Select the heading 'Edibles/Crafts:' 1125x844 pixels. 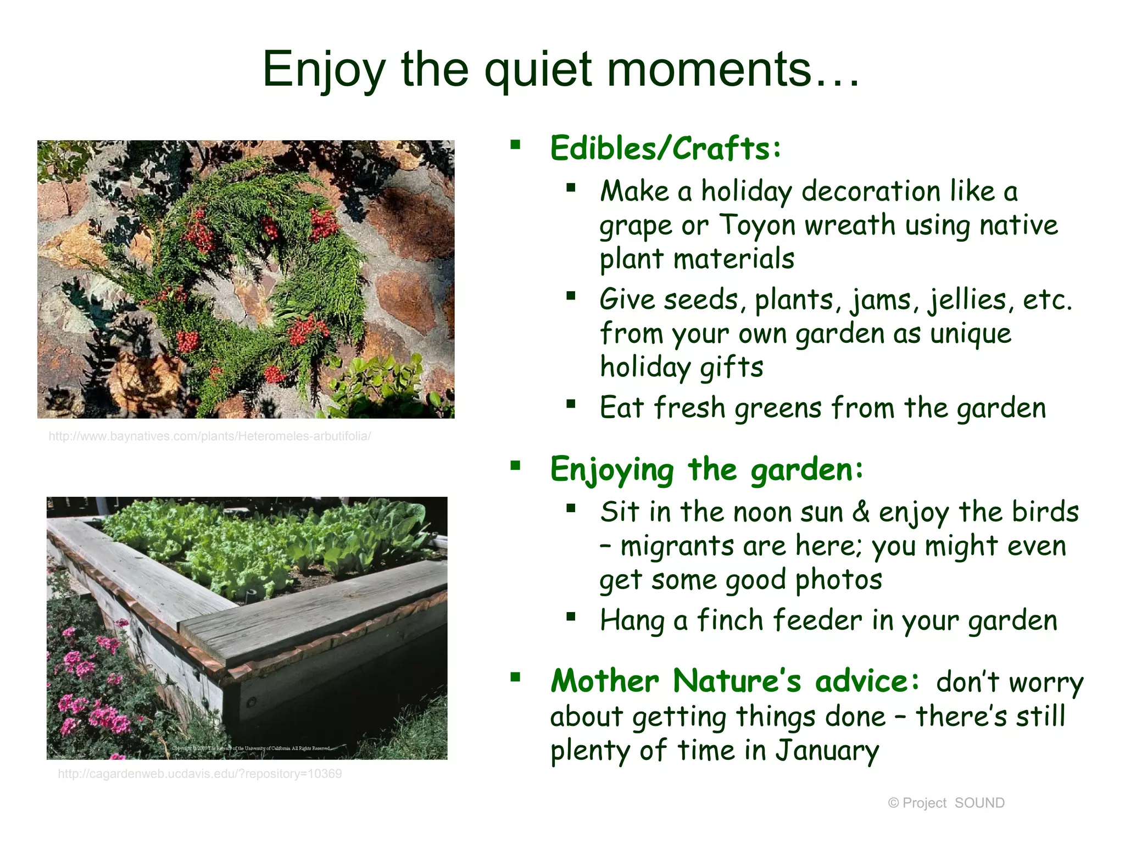[x=665, y=148]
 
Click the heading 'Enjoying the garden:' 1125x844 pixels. [x=706, y=470]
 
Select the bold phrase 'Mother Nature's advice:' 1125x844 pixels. [x=734, y=681]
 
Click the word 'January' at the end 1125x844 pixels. [x=827, y=751]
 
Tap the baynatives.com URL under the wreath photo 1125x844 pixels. [x=210, y=436]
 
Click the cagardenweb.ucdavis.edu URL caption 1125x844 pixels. [x=200, y=774]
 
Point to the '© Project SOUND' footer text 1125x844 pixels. [x=946, y=803]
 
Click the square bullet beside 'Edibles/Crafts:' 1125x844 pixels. [x=515, y=145]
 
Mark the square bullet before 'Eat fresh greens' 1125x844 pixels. [x=571, y=405]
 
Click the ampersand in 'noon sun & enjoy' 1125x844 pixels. [x=861, y=512]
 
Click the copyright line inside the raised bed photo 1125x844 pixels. [x=252, y=748]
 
